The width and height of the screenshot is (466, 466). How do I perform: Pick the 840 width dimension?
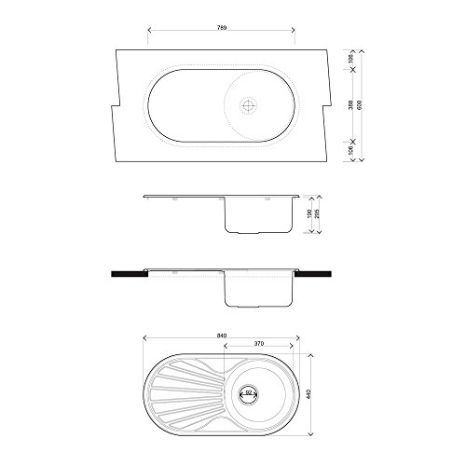[x=220, y=334]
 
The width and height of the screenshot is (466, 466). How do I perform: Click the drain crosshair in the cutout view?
[x=247, y=106]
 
